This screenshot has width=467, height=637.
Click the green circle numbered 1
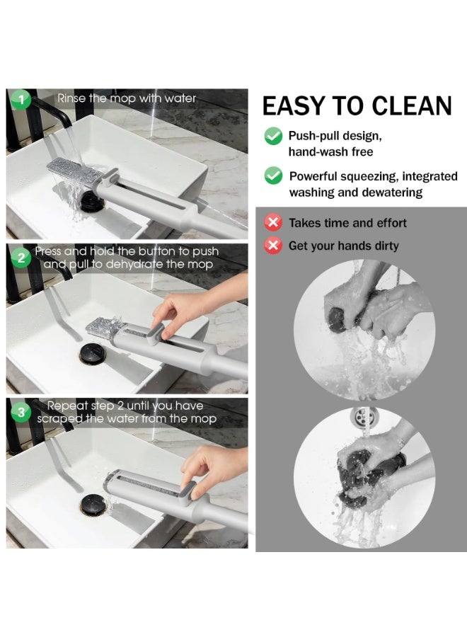click(x=21, y=100)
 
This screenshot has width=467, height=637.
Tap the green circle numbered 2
click(x=21, y=258)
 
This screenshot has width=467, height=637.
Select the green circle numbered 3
click(x=21, y=412)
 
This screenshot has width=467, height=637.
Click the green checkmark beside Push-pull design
click(x=273, y=136)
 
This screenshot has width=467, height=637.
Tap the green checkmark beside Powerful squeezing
click(x=273, y=176)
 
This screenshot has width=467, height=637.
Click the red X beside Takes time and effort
click(x=272, y=223)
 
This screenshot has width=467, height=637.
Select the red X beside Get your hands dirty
click(x=272, y=246)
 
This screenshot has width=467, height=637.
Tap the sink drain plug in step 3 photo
click(x=93, y=504)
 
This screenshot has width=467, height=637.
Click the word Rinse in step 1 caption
click(x=73, y=98)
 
